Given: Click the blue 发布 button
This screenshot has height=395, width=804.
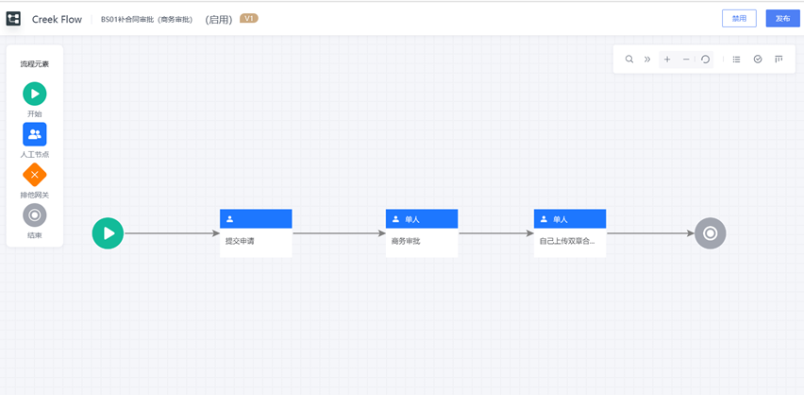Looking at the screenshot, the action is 782,18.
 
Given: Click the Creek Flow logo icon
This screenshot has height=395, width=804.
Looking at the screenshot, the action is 14,19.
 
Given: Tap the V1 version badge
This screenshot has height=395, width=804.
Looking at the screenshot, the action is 249,18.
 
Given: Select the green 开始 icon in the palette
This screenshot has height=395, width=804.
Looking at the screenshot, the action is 35,94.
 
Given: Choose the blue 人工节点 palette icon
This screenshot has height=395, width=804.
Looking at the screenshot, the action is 35,134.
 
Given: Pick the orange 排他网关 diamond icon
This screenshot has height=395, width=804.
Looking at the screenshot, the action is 35,175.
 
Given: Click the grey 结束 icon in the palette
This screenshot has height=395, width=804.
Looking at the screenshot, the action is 35,215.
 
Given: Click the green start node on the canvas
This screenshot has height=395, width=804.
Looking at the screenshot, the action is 109,232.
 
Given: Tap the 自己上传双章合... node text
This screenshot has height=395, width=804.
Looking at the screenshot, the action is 567,241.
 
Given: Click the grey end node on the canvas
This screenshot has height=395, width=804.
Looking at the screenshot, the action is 711,232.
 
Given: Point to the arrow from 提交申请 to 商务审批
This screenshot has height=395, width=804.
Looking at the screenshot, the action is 339,232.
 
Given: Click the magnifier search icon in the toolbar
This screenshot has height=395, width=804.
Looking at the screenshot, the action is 629,60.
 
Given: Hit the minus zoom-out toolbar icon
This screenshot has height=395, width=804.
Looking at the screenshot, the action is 686,60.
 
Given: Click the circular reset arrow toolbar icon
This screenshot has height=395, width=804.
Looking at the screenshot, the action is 705,60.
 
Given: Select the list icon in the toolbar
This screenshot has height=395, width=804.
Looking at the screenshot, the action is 737,60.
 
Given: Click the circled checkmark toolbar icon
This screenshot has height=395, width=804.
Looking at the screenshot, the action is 758,60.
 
